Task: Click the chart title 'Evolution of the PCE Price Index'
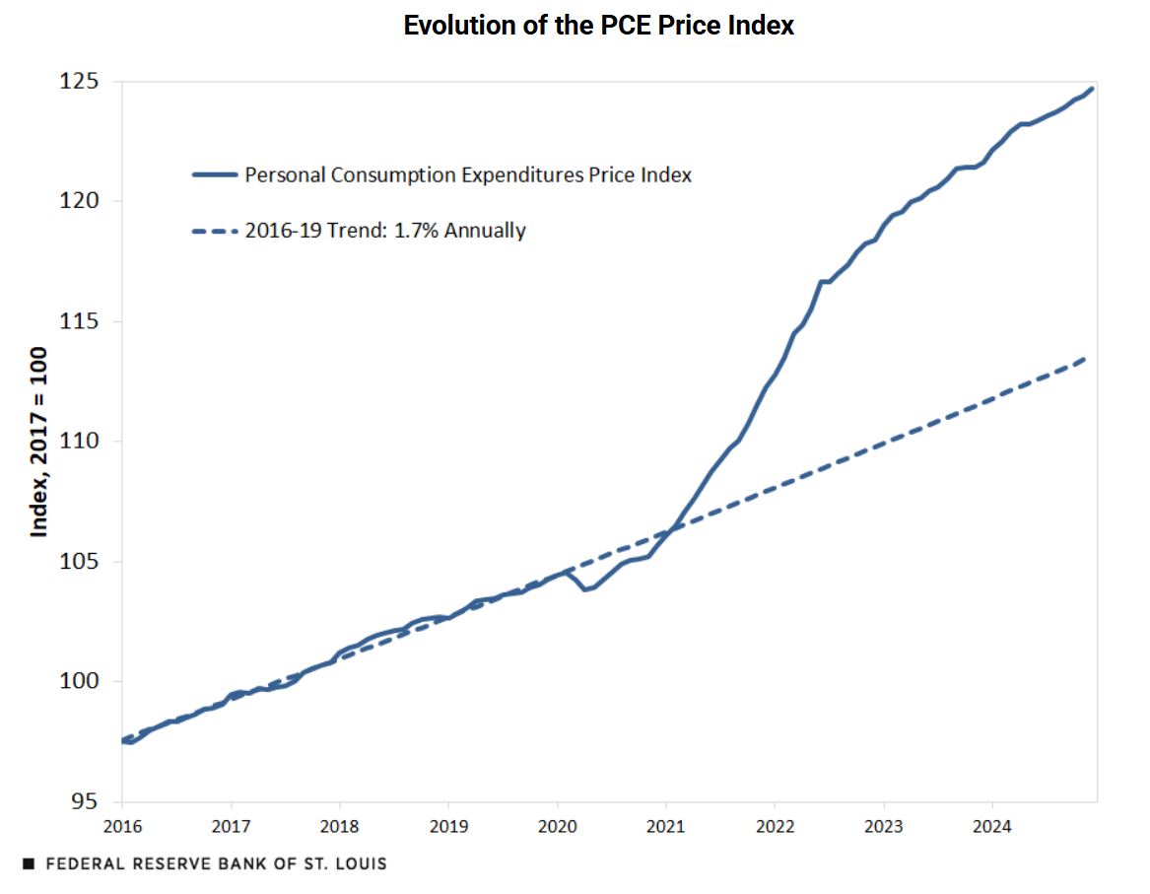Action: tap(598, 26)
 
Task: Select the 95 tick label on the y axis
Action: tap(84, 801)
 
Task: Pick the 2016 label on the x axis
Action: tap(122, 825)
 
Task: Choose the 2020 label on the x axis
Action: tap(557, 825)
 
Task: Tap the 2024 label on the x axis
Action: tap(992, 825)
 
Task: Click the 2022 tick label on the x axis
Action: tap(775, 825)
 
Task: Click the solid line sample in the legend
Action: tap(214, 175)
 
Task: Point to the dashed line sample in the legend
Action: tap(214, 232)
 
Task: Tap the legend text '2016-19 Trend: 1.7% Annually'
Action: tap(385, 232)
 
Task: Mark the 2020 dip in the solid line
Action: tap(586, 589)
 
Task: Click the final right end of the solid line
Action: tap(1092, 89)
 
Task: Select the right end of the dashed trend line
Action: tap(1086, 358)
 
